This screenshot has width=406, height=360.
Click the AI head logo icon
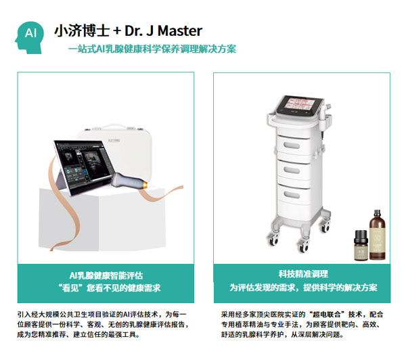[30, 37]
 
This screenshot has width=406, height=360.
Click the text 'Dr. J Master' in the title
[163, 31]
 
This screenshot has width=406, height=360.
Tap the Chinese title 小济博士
[82, 30]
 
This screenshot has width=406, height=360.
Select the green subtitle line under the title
[152, 49]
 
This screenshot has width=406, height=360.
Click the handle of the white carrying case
[114, 127]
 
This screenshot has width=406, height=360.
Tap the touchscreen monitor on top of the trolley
[300, 105]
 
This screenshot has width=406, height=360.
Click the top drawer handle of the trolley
[292, 145]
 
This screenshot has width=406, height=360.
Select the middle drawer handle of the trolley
[292, 170]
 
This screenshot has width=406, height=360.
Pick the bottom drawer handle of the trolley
[292, 195]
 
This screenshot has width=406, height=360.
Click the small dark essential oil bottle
[361, 245]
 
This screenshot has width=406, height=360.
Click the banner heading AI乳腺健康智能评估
[106, 275]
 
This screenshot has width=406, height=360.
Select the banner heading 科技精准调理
[303, 274]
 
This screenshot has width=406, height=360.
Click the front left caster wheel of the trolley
[273, 240]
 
